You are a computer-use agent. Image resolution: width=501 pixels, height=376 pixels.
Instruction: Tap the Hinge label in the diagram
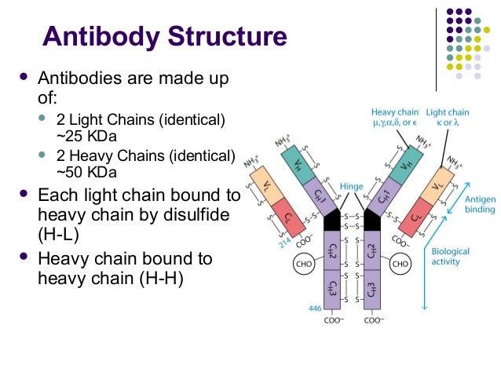click(x=353, y=187)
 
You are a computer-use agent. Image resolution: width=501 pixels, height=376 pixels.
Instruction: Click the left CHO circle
click(x=302, y=264)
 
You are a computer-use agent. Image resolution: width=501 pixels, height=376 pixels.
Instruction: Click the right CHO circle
click(x=400, y=264)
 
